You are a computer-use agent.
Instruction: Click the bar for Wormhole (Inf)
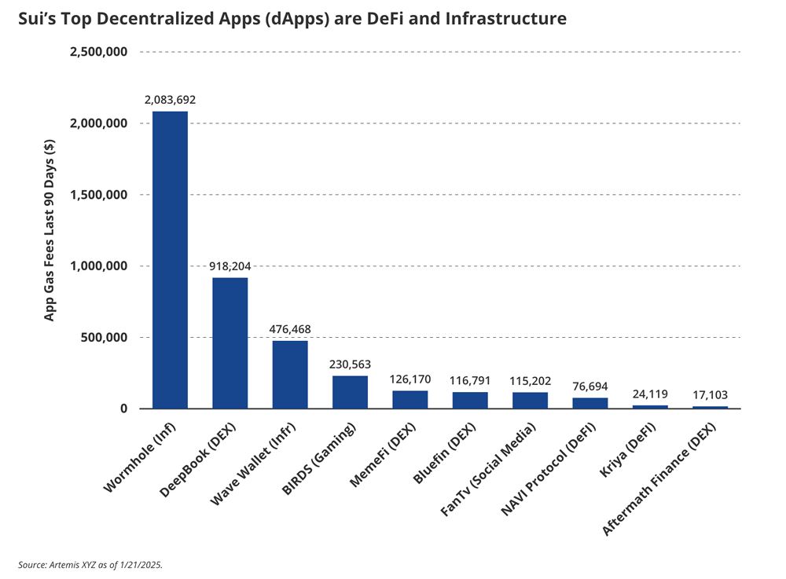170,260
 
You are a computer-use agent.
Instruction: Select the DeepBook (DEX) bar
230,343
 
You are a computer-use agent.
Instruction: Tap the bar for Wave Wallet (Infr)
290,375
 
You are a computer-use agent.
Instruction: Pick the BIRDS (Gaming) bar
350,392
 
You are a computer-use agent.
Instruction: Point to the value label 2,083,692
170,101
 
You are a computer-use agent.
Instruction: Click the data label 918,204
230,266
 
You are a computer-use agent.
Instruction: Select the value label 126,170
410,379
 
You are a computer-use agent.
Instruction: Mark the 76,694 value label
589,387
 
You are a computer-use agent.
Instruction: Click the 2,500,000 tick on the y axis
100,52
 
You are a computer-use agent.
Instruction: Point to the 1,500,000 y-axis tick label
100,195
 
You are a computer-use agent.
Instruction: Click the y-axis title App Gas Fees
50,229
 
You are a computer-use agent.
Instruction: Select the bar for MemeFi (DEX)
410,399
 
